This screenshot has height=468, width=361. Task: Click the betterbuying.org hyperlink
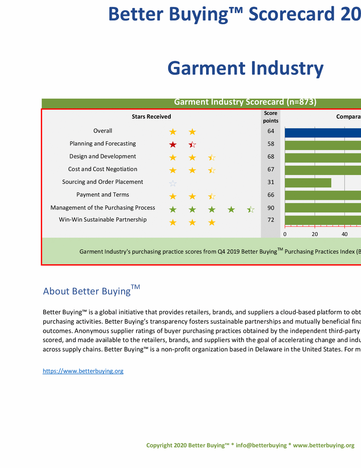(83, 371)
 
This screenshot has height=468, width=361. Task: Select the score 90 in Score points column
(271, 208)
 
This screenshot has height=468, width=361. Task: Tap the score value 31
(271, 182)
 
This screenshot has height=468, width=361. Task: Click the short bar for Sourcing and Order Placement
(308, 183)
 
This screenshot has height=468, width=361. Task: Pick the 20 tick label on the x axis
(315, 234)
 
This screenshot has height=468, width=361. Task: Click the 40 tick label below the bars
(345, 234)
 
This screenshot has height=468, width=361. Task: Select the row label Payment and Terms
(103, 195)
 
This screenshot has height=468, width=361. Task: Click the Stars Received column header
(151, 116)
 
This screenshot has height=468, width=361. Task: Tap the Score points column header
(271, 117)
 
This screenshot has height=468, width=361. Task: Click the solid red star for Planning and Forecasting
(173, 145)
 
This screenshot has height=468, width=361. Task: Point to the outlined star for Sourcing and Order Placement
(173, 183)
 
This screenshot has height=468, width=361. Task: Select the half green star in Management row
(251, 209)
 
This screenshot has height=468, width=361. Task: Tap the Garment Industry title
(245, 68)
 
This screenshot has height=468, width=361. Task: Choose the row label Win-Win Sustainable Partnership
(103, 220)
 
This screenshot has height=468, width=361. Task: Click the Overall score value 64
(271, 131)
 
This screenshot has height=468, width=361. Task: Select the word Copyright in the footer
(159, 445)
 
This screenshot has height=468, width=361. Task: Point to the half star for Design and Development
(212, 157)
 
